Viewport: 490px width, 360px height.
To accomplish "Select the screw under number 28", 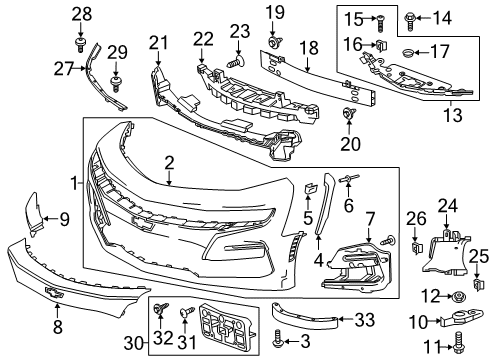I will [81, 42].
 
